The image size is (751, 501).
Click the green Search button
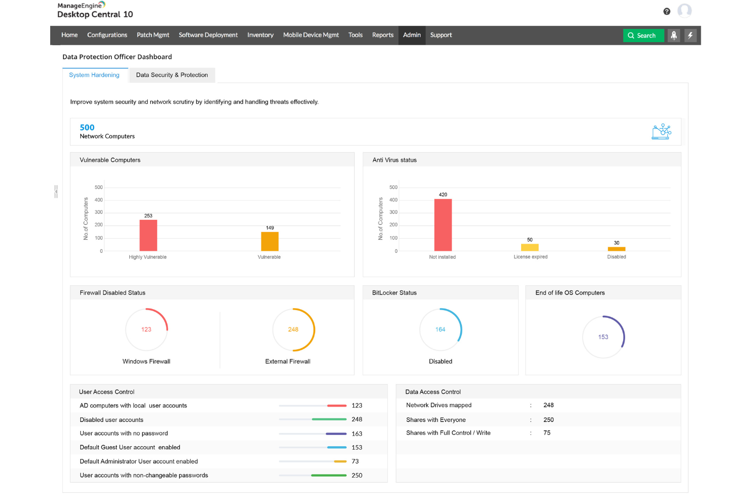click(643, 36)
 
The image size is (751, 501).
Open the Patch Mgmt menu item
click(153, 35)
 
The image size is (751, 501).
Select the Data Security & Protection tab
click(172, 75)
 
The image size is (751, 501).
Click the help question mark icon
click(667, 11)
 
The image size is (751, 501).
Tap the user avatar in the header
click(685, 11)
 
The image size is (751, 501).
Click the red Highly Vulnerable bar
click(148, 236)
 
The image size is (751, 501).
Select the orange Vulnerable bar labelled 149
click(269, 242)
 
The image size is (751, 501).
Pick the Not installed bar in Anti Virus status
click(442, 225)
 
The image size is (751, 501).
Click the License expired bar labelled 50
click(530, 248)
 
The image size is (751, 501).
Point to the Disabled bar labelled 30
click(617, 249)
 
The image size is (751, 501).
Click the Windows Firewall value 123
click(146, 329)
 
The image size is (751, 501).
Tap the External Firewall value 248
click(293, 329)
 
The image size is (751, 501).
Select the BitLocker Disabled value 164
click(440, 329)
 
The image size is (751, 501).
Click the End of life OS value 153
click(603, 337)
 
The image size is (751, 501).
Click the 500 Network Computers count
click(87, 127)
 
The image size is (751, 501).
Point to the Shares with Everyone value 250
click(549, 420)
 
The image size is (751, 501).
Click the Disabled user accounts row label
click(112, 420)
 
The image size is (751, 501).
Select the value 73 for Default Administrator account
click(355, 461)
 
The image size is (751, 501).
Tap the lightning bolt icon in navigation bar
click(690, 36)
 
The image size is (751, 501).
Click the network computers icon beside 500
click(661, 131)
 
